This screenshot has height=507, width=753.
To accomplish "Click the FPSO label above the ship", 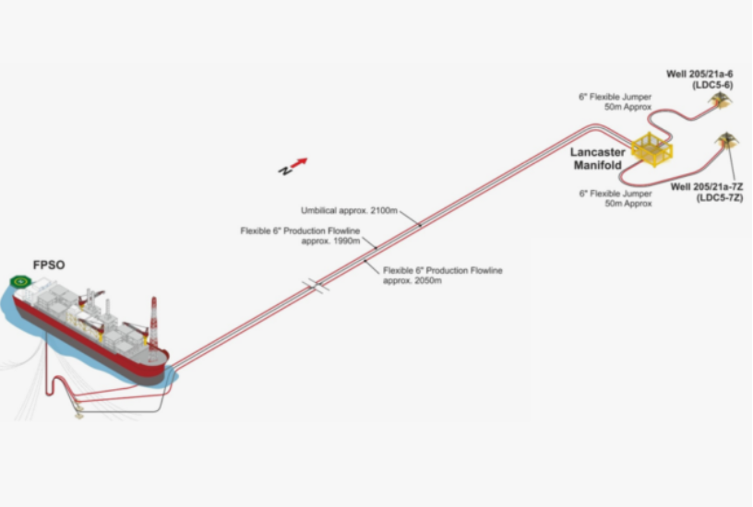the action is coord(49,265).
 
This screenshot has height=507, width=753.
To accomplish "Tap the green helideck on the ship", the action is coord(20,281).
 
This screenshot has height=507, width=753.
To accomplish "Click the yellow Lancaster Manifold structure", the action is coord(651,149).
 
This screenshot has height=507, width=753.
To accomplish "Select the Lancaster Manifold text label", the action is coord(597,159).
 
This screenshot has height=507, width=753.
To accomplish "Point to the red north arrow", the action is coord(299,163).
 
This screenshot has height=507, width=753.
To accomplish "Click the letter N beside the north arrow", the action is coord(285,171).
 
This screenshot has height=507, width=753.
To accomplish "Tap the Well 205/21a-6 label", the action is coord(699,79).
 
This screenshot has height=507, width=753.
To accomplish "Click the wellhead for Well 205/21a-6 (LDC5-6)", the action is coord(721,100).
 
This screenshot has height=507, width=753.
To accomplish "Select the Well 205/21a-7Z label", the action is coord(707,193).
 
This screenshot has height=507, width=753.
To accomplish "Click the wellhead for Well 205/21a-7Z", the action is coord(726,140).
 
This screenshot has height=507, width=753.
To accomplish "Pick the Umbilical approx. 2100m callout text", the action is coord(349,210).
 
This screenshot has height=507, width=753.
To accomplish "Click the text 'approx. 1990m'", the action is coord(331,241).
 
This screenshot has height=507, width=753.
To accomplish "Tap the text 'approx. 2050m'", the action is coord(412,280).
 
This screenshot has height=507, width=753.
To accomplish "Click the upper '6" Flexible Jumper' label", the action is coord(616,101).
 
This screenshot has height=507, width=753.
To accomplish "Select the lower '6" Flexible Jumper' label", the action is coord(616,198).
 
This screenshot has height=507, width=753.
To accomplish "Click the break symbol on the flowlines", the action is coord(316,286).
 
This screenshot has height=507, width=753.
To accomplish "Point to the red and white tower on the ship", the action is coord(154,322).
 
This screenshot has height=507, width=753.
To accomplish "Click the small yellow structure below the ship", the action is coord(78,411).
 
